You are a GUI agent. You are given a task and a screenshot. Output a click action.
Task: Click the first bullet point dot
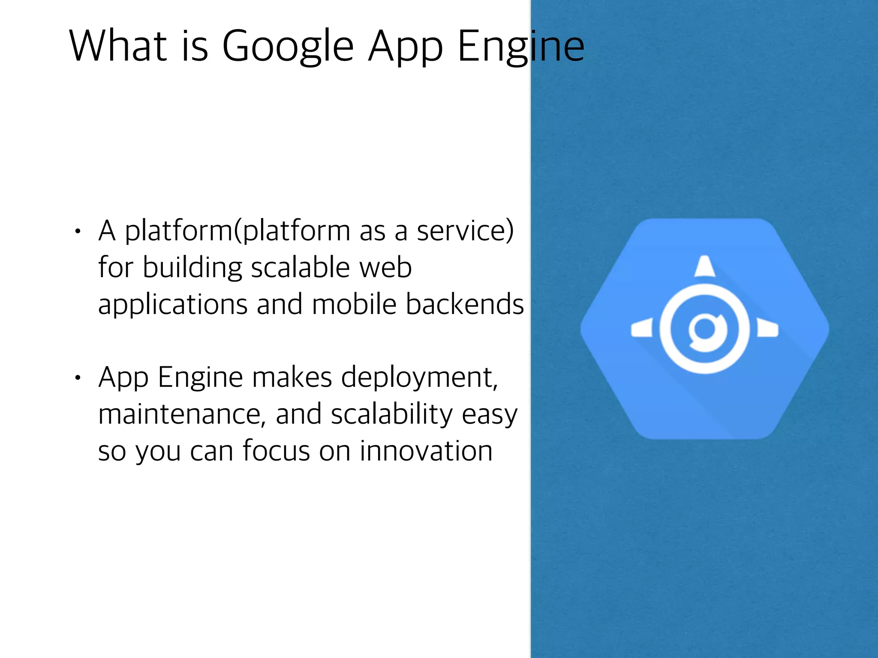(x=77, y=232)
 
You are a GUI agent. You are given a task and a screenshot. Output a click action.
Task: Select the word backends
(x=465, y=304)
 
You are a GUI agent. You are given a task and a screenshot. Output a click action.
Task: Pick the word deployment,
(x=420, y=378)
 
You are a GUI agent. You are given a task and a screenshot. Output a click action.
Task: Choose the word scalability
(x=392, y=415)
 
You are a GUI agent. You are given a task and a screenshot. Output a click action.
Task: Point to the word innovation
(x=426, y=451)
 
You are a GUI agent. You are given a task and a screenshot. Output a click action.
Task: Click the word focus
(x=276, y=451)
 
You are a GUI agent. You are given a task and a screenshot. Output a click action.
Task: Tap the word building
(x=192, y=268)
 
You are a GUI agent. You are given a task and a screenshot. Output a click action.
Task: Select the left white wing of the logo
(x=642, y=329)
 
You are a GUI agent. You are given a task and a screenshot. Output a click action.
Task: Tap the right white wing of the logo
(x=767, y=329)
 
